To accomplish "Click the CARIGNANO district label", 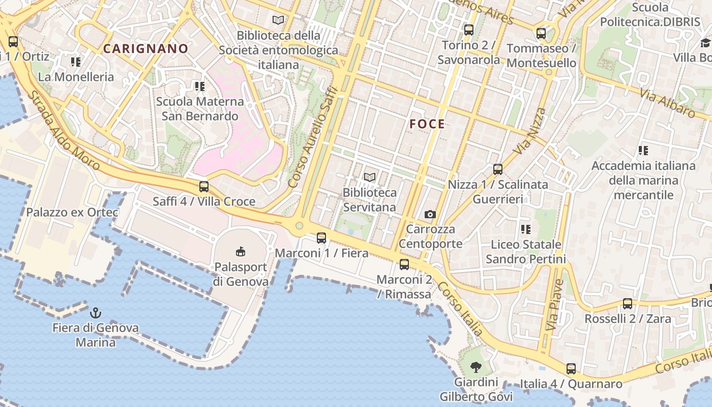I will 145,49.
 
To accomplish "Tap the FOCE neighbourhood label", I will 427,124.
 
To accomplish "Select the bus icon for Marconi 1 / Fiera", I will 321,238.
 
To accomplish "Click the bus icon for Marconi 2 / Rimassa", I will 404,264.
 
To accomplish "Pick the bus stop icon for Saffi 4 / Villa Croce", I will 204,186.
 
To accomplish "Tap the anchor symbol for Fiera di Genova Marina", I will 95,312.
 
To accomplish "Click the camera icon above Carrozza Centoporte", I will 430,214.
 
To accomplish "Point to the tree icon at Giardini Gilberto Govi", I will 476,367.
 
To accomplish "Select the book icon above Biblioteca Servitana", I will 370,177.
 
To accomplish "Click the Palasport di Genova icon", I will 241,251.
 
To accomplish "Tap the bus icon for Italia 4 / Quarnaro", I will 571,369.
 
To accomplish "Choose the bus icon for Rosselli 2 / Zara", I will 628,304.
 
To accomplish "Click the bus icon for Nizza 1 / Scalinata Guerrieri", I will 498,169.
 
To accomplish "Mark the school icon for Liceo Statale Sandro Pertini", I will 526,229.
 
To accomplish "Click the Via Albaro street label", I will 667,103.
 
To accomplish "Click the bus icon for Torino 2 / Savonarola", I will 469,30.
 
